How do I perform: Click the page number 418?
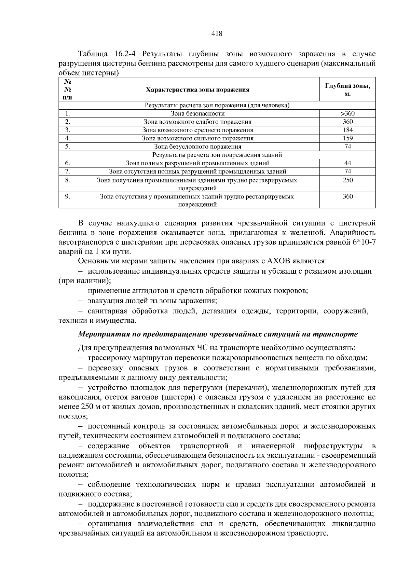(217, 33)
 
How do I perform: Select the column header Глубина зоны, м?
(347, 89)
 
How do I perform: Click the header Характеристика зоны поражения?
(197, 90)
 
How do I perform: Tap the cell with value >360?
(347, 114)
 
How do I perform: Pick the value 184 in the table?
(347, 130)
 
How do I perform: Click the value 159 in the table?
(347, 138)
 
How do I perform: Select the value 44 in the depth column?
(347, 163)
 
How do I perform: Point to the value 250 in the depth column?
(347, 180)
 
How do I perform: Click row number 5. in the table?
(67, 147)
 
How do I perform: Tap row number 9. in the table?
(67, 196)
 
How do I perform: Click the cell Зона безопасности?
(197, 114)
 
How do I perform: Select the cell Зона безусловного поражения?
(197, 147)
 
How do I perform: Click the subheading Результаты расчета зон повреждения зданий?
(217, 155)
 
